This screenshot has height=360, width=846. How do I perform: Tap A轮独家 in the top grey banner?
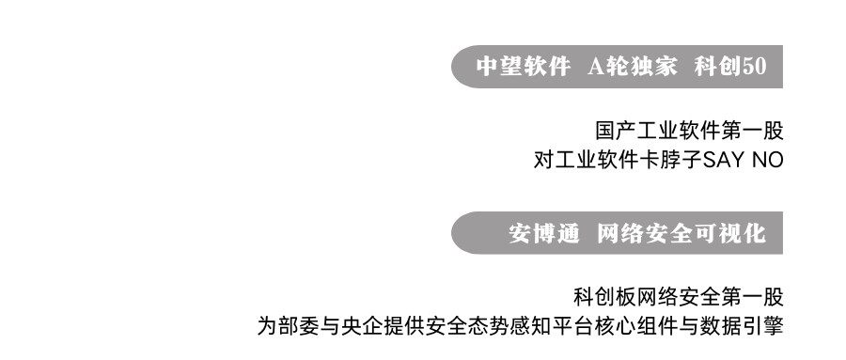[632, 67]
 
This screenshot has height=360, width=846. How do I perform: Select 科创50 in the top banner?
[731, 67]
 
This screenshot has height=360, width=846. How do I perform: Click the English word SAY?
[719, 160]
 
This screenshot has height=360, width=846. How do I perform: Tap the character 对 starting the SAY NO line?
[542, 160]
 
